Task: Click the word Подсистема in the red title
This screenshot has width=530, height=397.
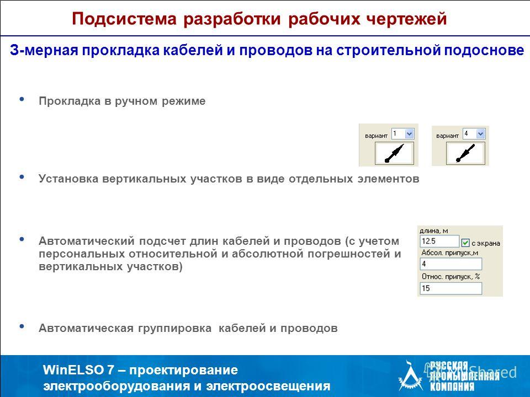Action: (124, 19)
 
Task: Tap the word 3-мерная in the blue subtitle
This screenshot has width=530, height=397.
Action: (44, 50)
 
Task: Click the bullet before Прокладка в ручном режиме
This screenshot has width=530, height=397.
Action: (22, 99)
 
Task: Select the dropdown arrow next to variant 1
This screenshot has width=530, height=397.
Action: (409, 134)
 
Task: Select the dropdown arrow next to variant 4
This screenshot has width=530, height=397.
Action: (481, 134)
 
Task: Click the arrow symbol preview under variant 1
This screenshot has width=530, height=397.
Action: (394, 153)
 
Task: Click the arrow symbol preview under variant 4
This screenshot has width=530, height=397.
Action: (465, 153)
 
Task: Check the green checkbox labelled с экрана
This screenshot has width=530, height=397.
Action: (465, 243)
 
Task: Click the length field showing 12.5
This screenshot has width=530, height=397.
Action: (439, 242)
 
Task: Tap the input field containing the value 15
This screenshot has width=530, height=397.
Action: (451, 288)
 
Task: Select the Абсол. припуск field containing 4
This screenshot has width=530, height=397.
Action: (451, 264)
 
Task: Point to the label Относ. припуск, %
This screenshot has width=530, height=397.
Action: (451, 276)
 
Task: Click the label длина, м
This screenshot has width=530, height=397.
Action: (434, 231)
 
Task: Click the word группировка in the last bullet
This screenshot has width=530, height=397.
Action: (174, 328)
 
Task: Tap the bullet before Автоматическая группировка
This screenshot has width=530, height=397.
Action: (22, 326)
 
